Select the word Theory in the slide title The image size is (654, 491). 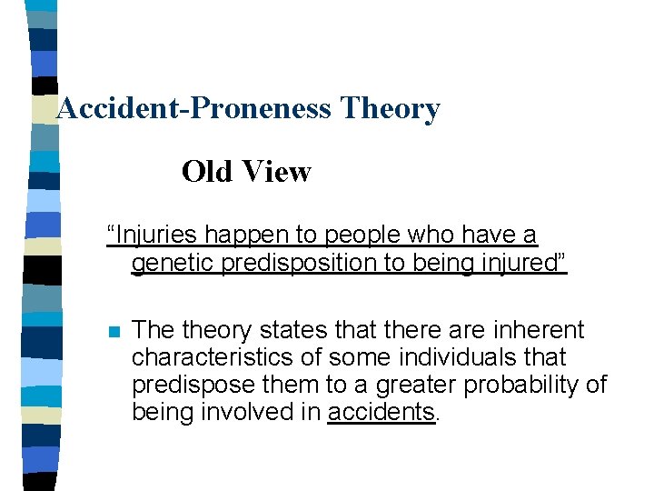tap(390, 109)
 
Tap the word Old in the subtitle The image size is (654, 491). tap(208, 171)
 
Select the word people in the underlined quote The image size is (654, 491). tap(359, 235)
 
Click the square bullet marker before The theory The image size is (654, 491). tap(113, 331)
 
